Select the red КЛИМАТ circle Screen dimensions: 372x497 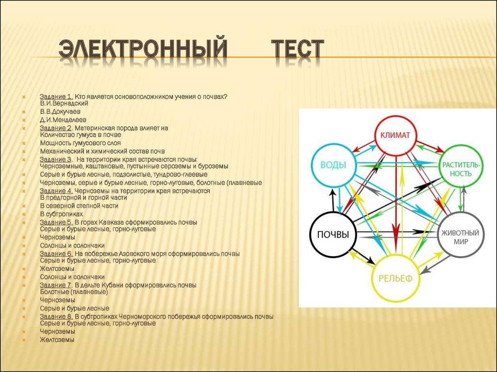[x=395, y=135]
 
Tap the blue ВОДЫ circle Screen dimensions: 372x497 [x=333, y=165]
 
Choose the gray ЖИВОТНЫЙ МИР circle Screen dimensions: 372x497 [x=462, y=236]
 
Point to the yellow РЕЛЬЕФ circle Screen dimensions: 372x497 [x=395, y=278]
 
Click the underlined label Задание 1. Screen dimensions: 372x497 [x=56, y=96]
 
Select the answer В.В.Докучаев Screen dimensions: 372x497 [x=60, y=111]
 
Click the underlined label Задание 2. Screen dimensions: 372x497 [x=56, y=128]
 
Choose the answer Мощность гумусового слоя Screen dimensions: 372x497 [x=80, y=143]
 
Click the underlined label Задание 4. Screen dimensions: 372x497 [x=56, y=191]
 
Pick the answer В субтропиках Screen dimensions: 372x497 [x=61, y=214]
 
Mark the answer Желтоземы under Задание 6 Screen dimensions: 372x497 [x=57, y=269]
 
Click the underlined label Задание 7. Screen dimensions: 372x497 [x=56, y=285]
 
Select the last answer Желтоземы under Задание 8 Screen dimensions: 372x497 [x=57, y=340]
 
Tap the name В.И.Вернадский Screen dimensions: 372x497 [x=64, y=103]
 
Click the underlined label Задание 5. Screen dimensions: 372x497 [x=56, y=222]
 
